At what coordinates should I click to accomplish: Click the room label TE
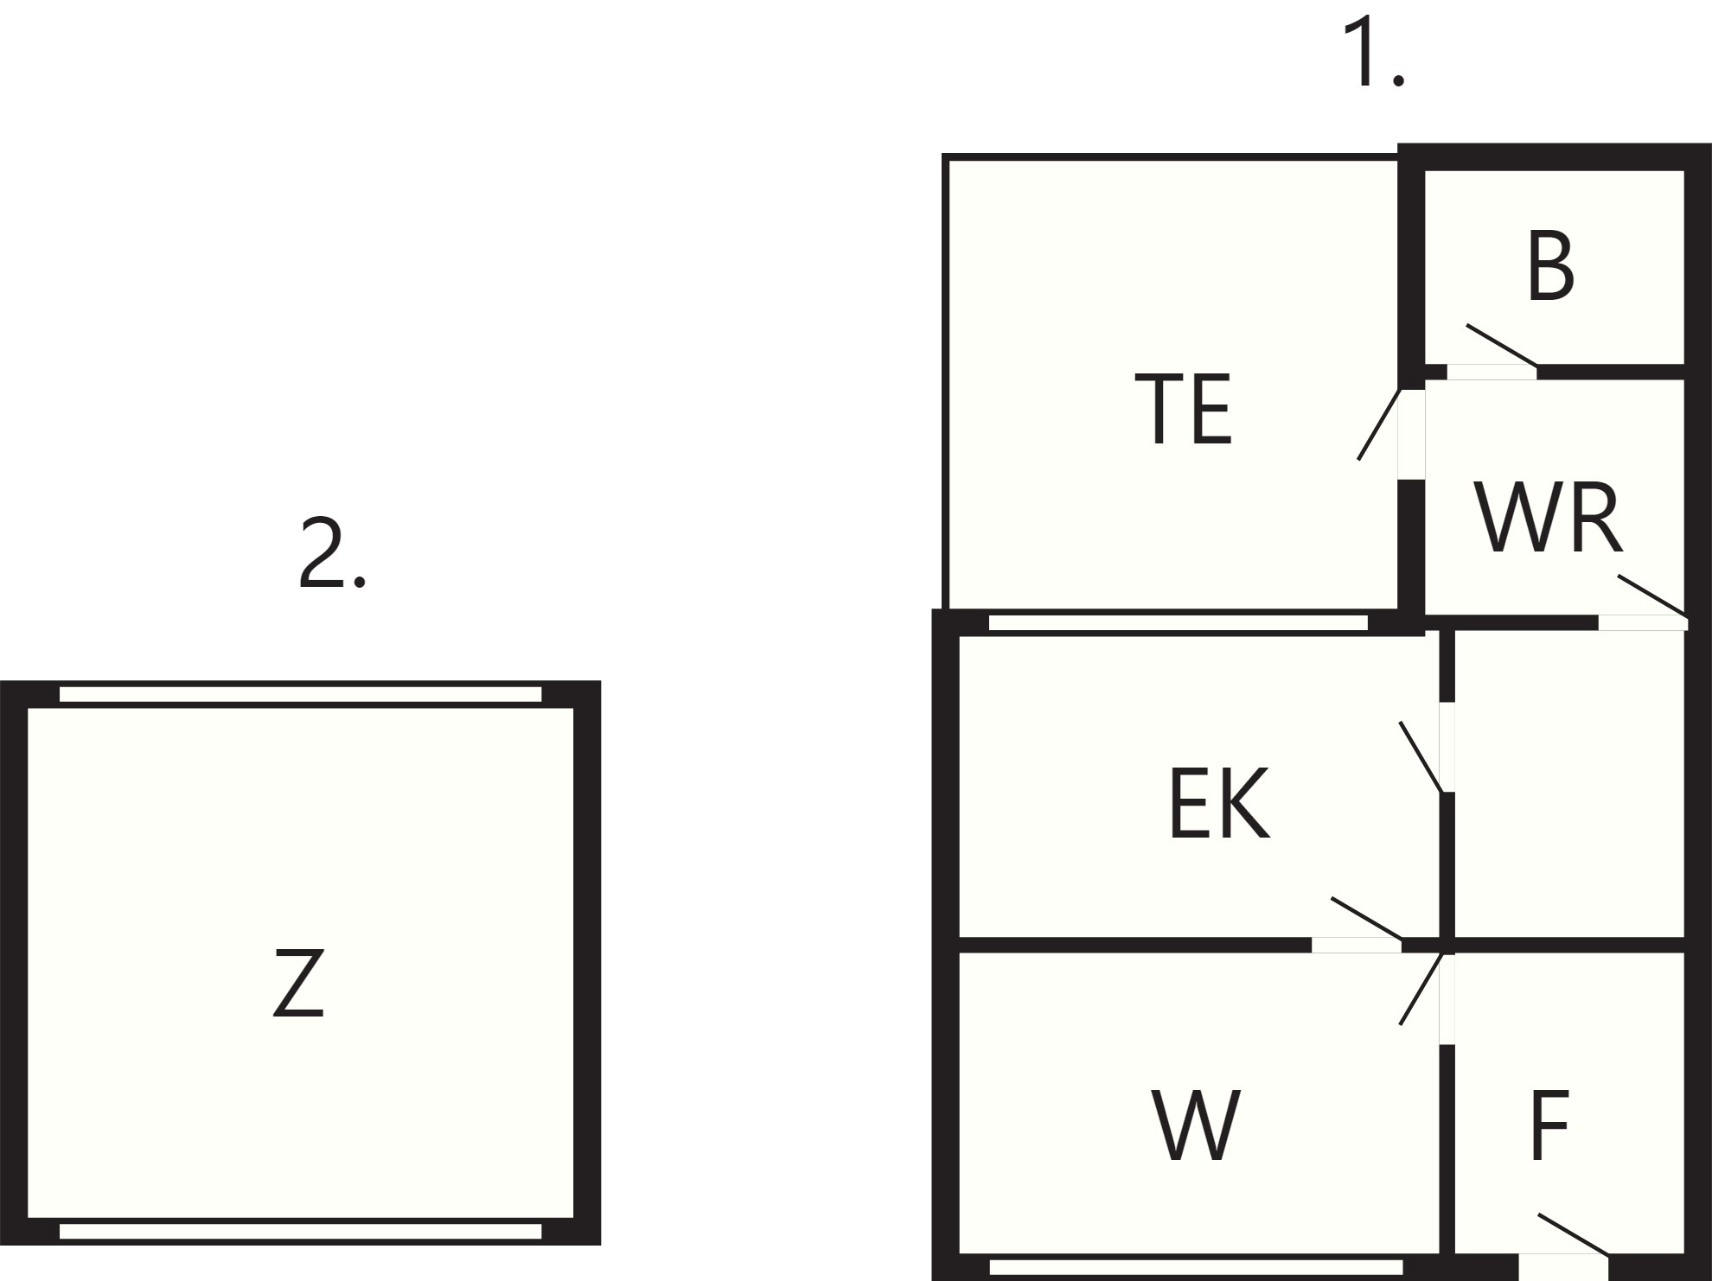coord(1183,409)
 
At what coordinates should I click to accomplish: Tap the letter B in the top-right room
coord(1551,265)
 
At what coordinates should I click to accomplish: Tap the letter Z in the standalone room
coord(299,983)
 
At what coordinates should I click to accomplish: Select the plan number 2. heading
coord(333,553)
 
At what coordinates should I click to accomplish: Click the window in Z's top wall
coord(300,694)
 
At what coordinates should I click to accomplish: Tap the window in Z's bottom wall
coord(300,1232)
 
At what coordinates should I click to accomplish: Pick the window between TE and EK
coord(1179,622)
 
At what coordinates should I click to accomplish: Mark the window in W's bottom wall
coord(1196,1267)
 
